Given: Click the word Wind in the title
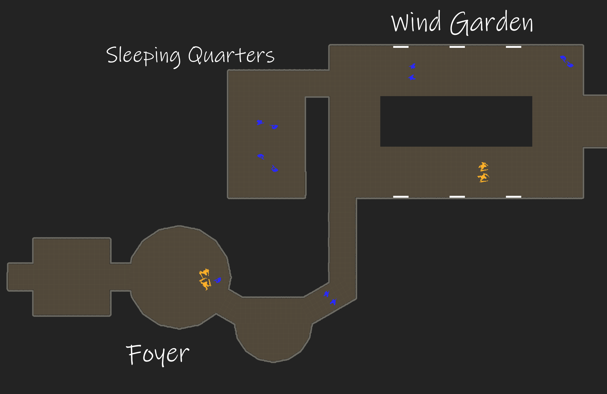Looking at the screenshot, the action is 416,22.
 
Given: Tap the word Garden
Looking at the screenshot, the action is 492,23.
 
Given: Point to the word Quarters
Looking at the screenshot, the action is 231,55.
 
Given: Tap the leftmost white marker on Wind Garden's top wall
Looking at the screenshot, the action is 401,47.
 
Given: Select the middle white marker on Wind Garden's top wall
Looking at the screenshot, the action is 457,47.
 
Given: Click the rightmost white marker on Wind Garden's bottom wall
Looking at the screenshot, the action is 513,197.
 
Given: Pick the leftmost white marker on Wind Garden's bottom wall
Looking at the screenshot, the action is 401,197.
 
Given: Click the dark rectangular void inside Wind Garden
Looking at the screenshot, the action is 456,121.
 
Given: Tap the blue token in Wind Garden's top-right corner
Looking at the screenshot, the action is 567,61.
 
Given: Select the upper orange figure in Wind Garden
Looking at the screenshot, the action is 483,166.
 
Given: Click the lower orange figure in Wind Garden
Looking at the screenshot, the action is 483,178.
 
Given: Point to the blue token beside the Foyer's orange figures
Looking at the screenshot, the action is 218,280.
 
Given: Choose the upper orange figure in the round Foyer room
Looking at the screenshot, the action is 204,273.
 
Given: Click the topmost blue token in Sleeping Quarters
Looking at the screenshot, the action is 260,122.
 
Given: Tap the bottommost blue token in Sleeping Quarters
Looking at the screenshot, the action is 275,169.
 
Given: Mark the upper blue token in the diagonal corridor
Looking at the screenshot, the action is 327,294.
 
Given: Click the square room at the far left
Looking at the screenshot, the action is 71,277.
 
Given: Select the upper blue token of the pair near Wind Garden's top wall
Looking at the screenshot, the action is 413,66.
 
